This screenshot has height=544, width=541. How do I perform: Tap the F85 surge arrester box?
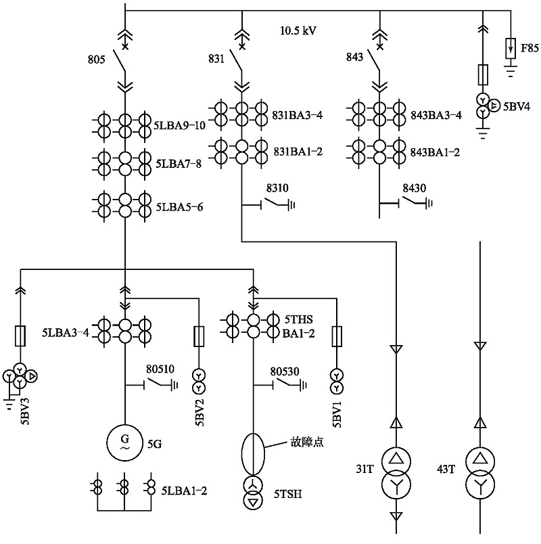(512, 49)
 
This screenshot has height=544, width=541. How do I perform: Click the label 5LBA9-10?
(180, 125)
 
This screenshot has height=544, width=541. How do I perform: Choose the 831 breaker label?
(216, 60)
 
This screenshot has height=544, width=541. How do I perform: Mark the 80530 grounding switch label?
(285, 370)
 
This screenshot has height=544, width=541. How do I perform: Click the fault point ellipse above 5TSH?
(253, 455)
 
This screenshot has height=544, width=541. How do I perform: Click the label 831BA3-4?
(298, 115)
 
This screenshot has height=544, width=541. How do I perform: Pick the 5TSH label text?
(288, 495)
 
